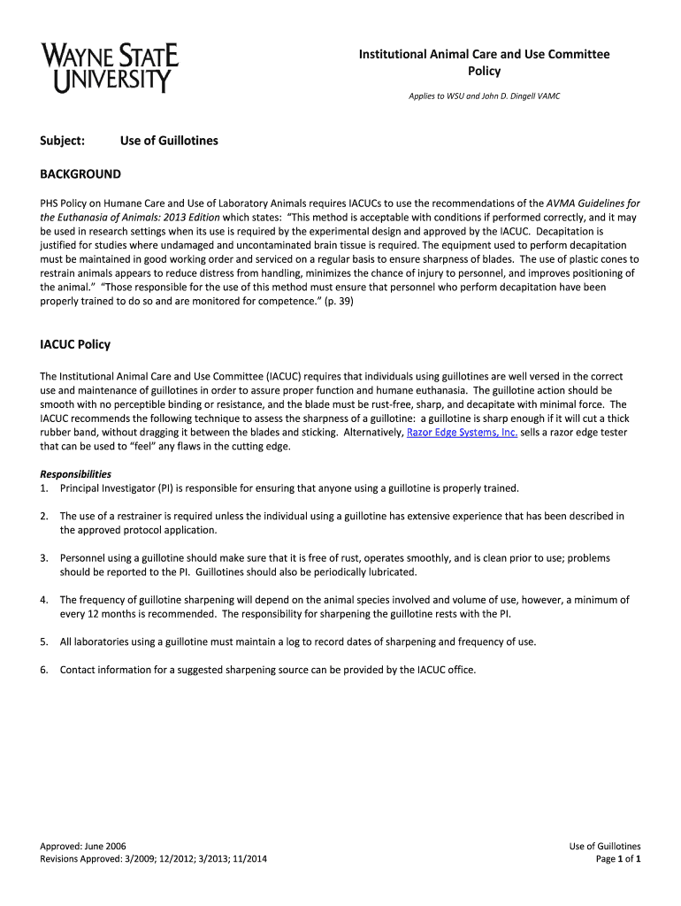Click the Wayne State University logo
point(110,69)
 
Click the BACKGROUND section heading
point(80,174)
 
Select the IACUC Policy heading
point(75,344)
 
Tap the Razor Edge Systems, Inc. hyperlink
point(462,433)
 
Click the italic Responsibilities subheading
point(75,474)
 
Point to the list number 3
point(43,558)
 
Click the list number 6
point(43,670)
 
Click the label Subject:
point(62,141)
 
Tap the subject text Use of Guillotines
point(169,141)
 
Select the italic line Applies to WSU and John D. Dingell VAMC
point(484,96)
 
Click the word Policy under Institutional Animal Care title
point(484,72)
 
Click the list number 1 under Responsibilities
point(43,488)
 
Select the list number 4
point(43,600)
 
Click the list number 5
point(43,641)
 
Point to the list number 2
point(43,516)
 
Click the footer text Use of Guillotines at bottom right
point(605,847)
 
